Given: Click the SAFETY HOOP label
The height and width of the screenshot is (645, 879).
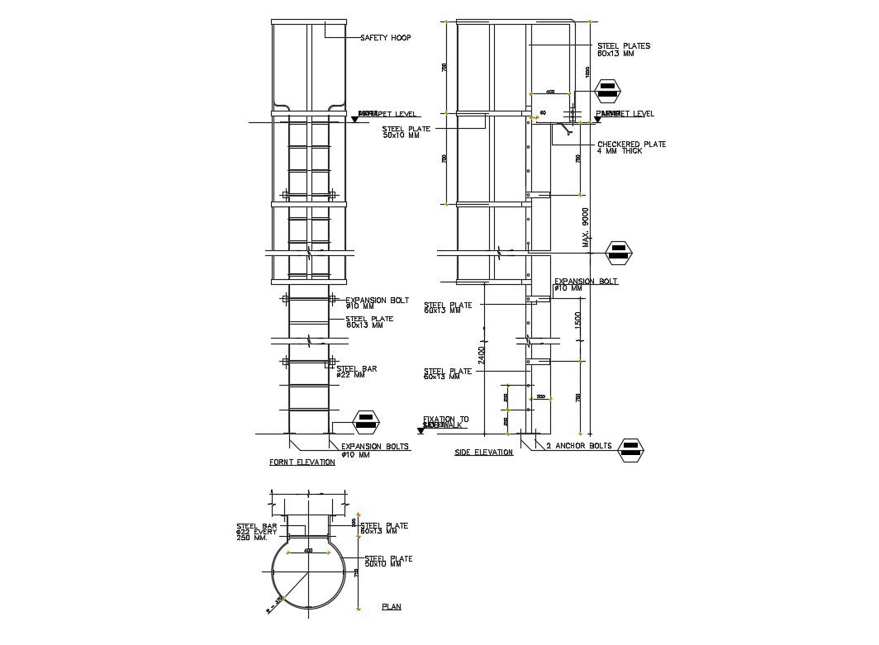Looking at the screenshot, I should tap(385, 38).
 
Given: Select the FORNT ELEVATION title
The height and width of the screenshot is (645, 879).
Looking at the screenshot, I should tap(302, 462).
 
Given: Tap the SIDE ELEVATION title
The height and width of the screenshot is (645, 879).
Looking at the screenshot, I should tap(484, 453).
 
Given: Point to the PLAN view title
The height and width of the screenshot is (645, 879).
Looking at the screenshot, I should tap(392, 607).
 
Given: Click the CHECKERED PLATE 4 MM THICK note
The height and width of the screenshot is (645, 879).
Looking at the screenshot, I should tap(631, 148).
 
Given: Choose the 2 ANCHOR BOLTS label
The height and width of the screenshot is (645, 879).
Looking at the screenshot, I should tap(578, 446).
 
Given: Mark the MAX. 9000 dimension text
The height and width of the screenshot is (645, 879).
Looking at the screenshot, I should tap(587, 228).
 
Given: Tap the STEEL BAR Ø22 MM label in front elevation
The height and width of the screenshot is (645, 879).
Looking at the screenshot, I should tap(357, 372).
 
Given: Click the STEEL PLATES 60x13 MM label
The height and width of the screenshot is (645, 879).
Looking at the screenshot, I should tap(623, 50).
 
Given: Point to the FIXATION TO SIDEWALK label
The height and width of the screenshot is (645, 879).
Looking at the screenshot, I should tap(444, 422).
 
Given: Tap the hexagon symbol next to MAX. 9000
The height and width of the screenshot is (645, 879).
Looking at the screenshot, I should tap(619, 252).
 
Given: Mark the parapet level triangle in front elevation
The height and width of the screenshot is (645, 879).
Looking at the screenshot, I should tap(354, 119).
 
